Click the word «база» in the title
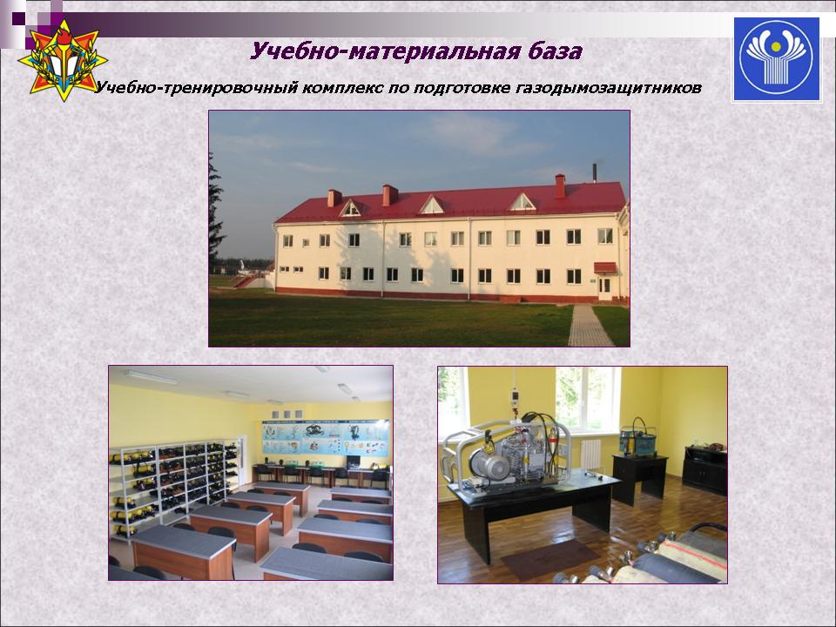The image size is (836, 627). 556,51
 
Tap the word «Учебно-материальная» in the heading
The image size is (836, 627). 384,51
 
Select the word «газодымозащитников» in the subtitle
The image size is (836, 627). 609,87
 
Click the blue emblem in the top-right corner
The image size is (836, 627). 776,59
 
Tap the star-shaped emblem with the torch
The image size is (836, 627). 63,60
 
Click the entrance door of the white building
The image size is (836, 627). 604,288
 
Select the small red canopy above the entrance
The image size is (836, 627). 605,267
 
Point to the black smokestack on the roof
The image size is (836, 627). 595,172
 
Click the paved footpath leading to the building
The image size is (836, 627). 590,325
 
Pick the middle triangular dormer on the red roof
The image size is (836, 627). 431,206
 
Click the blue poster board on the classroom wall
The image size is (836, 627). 326,438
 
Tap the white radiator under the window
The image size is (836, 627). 590,455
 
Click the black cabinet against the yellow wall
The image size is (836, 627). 705,469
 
